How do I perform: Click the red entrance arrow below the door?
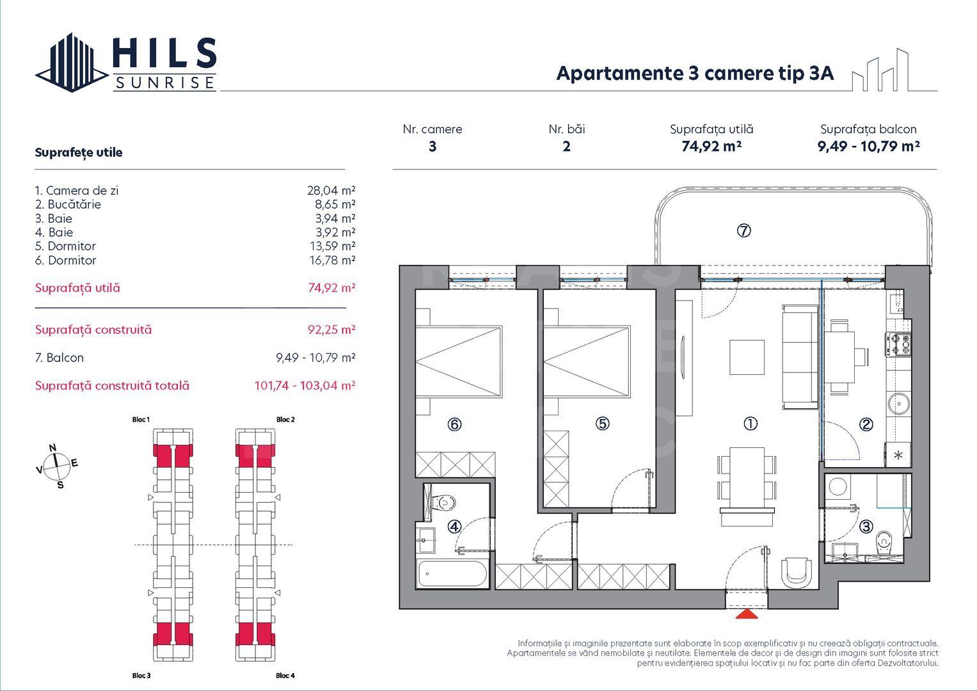[747, 614]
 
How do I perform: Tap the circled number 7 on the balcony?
[743, 231]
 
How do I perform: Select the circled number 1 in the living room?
[751, 424]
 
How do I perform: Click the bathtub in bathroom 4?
[452, 573]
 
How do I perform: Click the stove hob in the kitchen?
[899, 345]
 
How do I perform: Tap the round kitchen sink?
[899, 404]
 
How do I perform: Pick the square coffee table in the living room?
[747, 357]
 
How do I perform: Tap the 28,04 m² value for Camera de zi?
[331, 191]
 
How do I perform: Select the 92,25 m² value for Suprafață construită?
[331, 330]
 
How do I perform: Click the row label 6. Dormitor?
[65, 260]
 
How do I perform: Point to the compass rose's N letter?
[53, 448]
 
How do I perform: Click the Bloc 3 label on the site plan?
[141, 676]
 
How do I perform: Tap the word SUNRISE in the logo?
[164, 83]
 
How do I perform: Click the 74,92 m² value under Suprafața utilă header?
[711, 147]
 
